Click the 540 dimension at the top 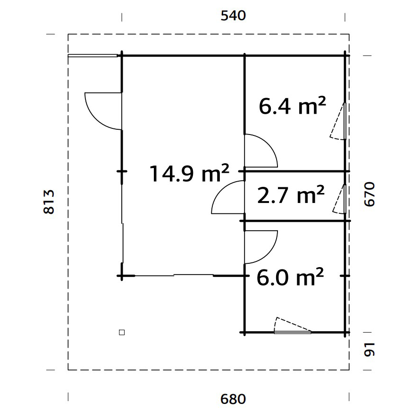click(x=233, y=16)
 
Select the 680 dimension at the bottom click(x=233, y=399)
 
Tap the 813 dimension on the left click(x=49, y=202)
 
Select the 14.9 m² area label click(x=189, y=173)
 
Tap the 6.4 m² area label click(x=292, y=106)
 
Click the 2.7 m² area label click(x=291, y=195)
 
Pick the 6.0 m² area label click(x=290, y=277)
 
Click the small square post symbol click(x=122, y=332)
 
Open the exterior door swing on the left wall click(x=101, y=110)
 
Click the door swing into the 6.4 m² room click(x=260, y=151)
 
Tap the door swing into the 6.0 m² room click(x=260, y=246)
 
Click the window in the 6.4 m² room click(x=345, y=121)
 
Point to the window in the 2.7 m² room click(x=345, y=199)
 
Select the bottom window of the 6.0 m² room click(x=293, y=332)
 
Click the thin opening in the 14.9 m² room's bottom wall click(x=193, y=275)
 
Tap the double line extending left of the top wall click(x=92, y=56)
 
